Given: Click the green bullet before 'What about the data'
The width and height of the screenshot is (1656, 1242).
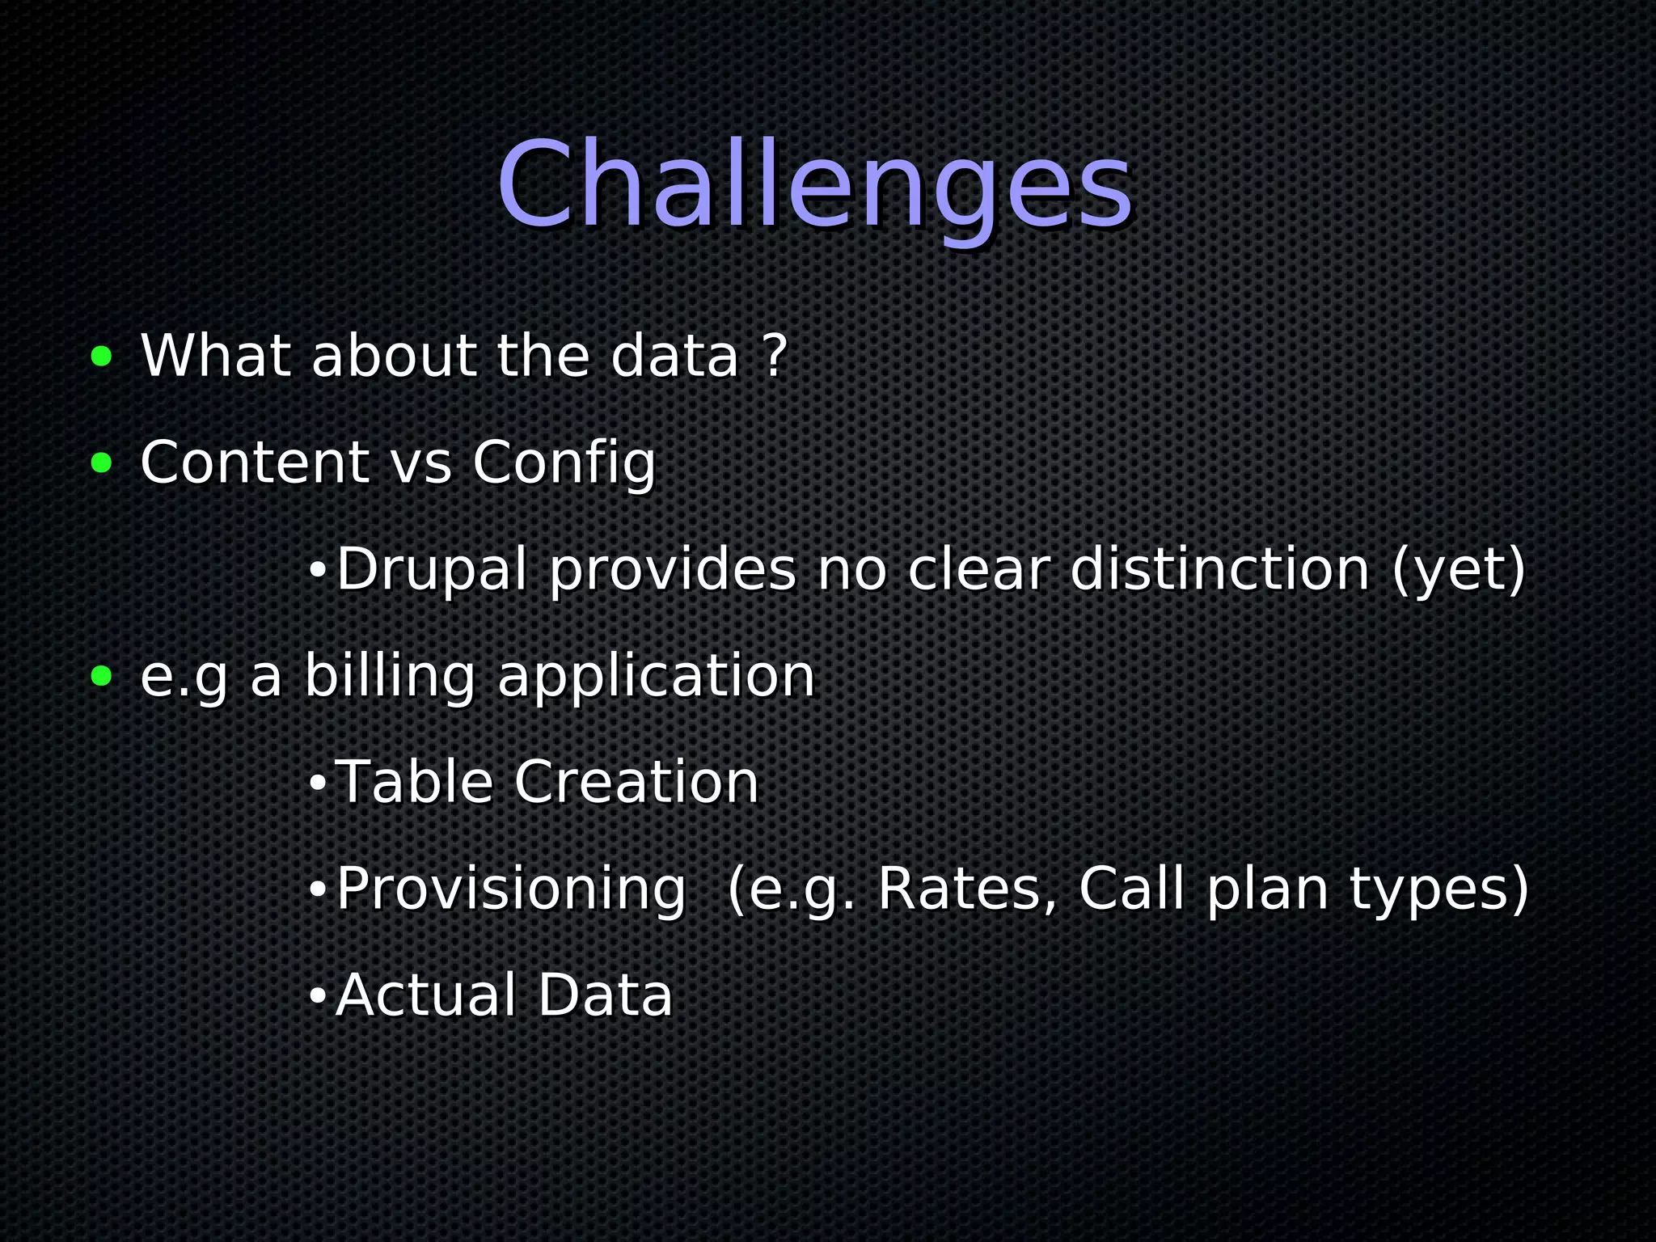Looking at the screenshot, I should click(101, 356).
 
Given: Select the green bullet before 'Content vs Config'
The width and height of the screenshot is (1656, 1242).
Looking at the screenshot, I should click(101, 463).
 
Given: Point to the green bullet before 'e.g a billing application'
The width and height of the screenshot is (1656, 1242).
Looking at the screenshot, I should click(101, 676).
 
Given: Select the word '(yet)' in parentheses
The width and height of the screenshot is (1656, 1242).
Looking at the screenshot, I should click(1458, 570).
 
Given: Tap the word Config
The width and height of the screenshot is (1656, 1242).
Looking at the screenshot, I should click(564, 463).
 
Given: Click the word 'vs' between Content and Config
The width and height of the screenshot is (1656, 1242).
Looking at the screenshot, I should click(420, 463).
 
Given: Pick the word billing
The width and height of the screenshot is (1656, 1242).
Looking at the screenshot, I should click(389, 677).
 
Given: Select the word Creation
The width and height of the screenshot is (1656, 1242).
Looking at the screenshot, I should click(636, 782).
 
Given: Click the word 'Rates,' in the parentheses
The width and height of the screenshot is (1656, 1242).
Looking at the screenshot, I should click(967, 889).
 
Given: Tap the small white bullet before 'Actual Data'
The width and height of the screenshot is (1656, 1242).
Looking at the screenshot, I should click(317, 997).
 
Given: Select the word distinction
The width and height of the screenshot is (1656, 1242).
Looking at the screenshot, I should click(1220, 570).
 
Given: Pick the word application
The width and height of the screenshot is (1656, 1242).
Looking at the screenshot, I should click(656, 677).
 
